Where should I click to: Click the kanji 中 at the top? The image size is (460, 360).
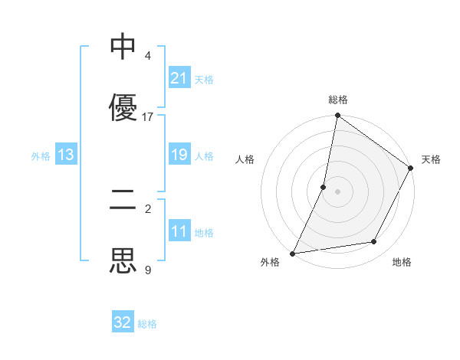pos(123,47)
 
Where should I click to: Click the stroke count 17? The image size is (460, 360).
pos(148,117)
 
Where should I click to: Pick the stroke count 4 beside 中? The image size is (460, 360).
pos(148,56)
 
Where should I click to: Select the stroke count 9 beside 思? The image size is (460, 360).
pos(148,270)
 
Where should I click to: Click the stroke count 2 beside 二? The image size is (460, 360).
pos(148,208)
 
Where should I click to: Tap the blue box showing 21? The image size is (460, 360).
pos(179,78)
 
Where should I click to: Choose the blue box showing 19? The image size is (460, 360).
pos(179,155)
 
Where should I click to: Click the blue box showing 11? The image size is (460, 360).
pos(179,231)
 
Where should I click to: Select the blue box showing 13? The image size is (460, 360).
pos(66,155)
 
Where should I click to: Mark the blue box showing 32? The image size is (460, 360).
pos(123,322)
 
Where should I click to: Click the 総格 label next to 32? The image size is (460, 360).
pos(147,324)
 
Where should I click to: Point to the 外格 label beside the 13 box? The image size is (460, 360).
pos(41,155)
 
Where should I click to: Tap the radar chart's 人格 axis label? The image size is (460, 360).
pos(245,159)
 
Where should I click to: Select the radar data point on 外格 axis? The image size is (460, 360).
pos(293,253)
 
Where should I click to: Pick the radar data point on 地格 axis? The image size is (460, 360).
pos(374,242)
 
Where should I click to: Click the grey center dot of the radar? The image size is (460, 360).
pos(338,191)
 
